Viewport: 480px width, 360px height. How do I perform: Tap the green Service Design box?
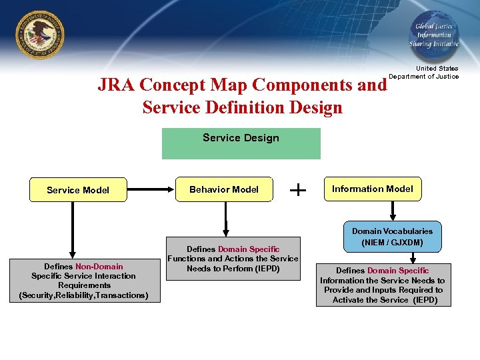click(241, 143)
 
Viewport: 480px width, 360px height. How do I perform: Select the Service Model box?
click(78, 190)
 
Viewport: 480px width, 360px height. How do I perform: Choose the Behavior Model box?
click(224, 189)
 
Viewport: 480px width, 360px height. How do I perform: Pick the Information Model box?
click(373, 189)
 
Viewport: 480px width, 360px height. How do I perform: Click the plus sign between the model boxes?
click(298, 190)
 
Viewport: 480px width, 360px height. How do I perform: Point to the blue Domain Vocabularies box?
click(392, 237)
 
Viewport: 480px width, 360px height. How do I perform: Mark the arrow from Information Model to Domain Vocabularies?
click(393, 210)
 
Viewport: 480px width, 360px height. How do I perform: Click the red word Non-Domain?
click(99, 267)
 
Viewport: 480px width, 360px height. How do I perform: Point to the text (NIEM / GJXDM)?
click(392, 242)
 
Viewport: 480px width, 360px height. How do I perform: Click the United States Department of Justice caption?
click(424, 72)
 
